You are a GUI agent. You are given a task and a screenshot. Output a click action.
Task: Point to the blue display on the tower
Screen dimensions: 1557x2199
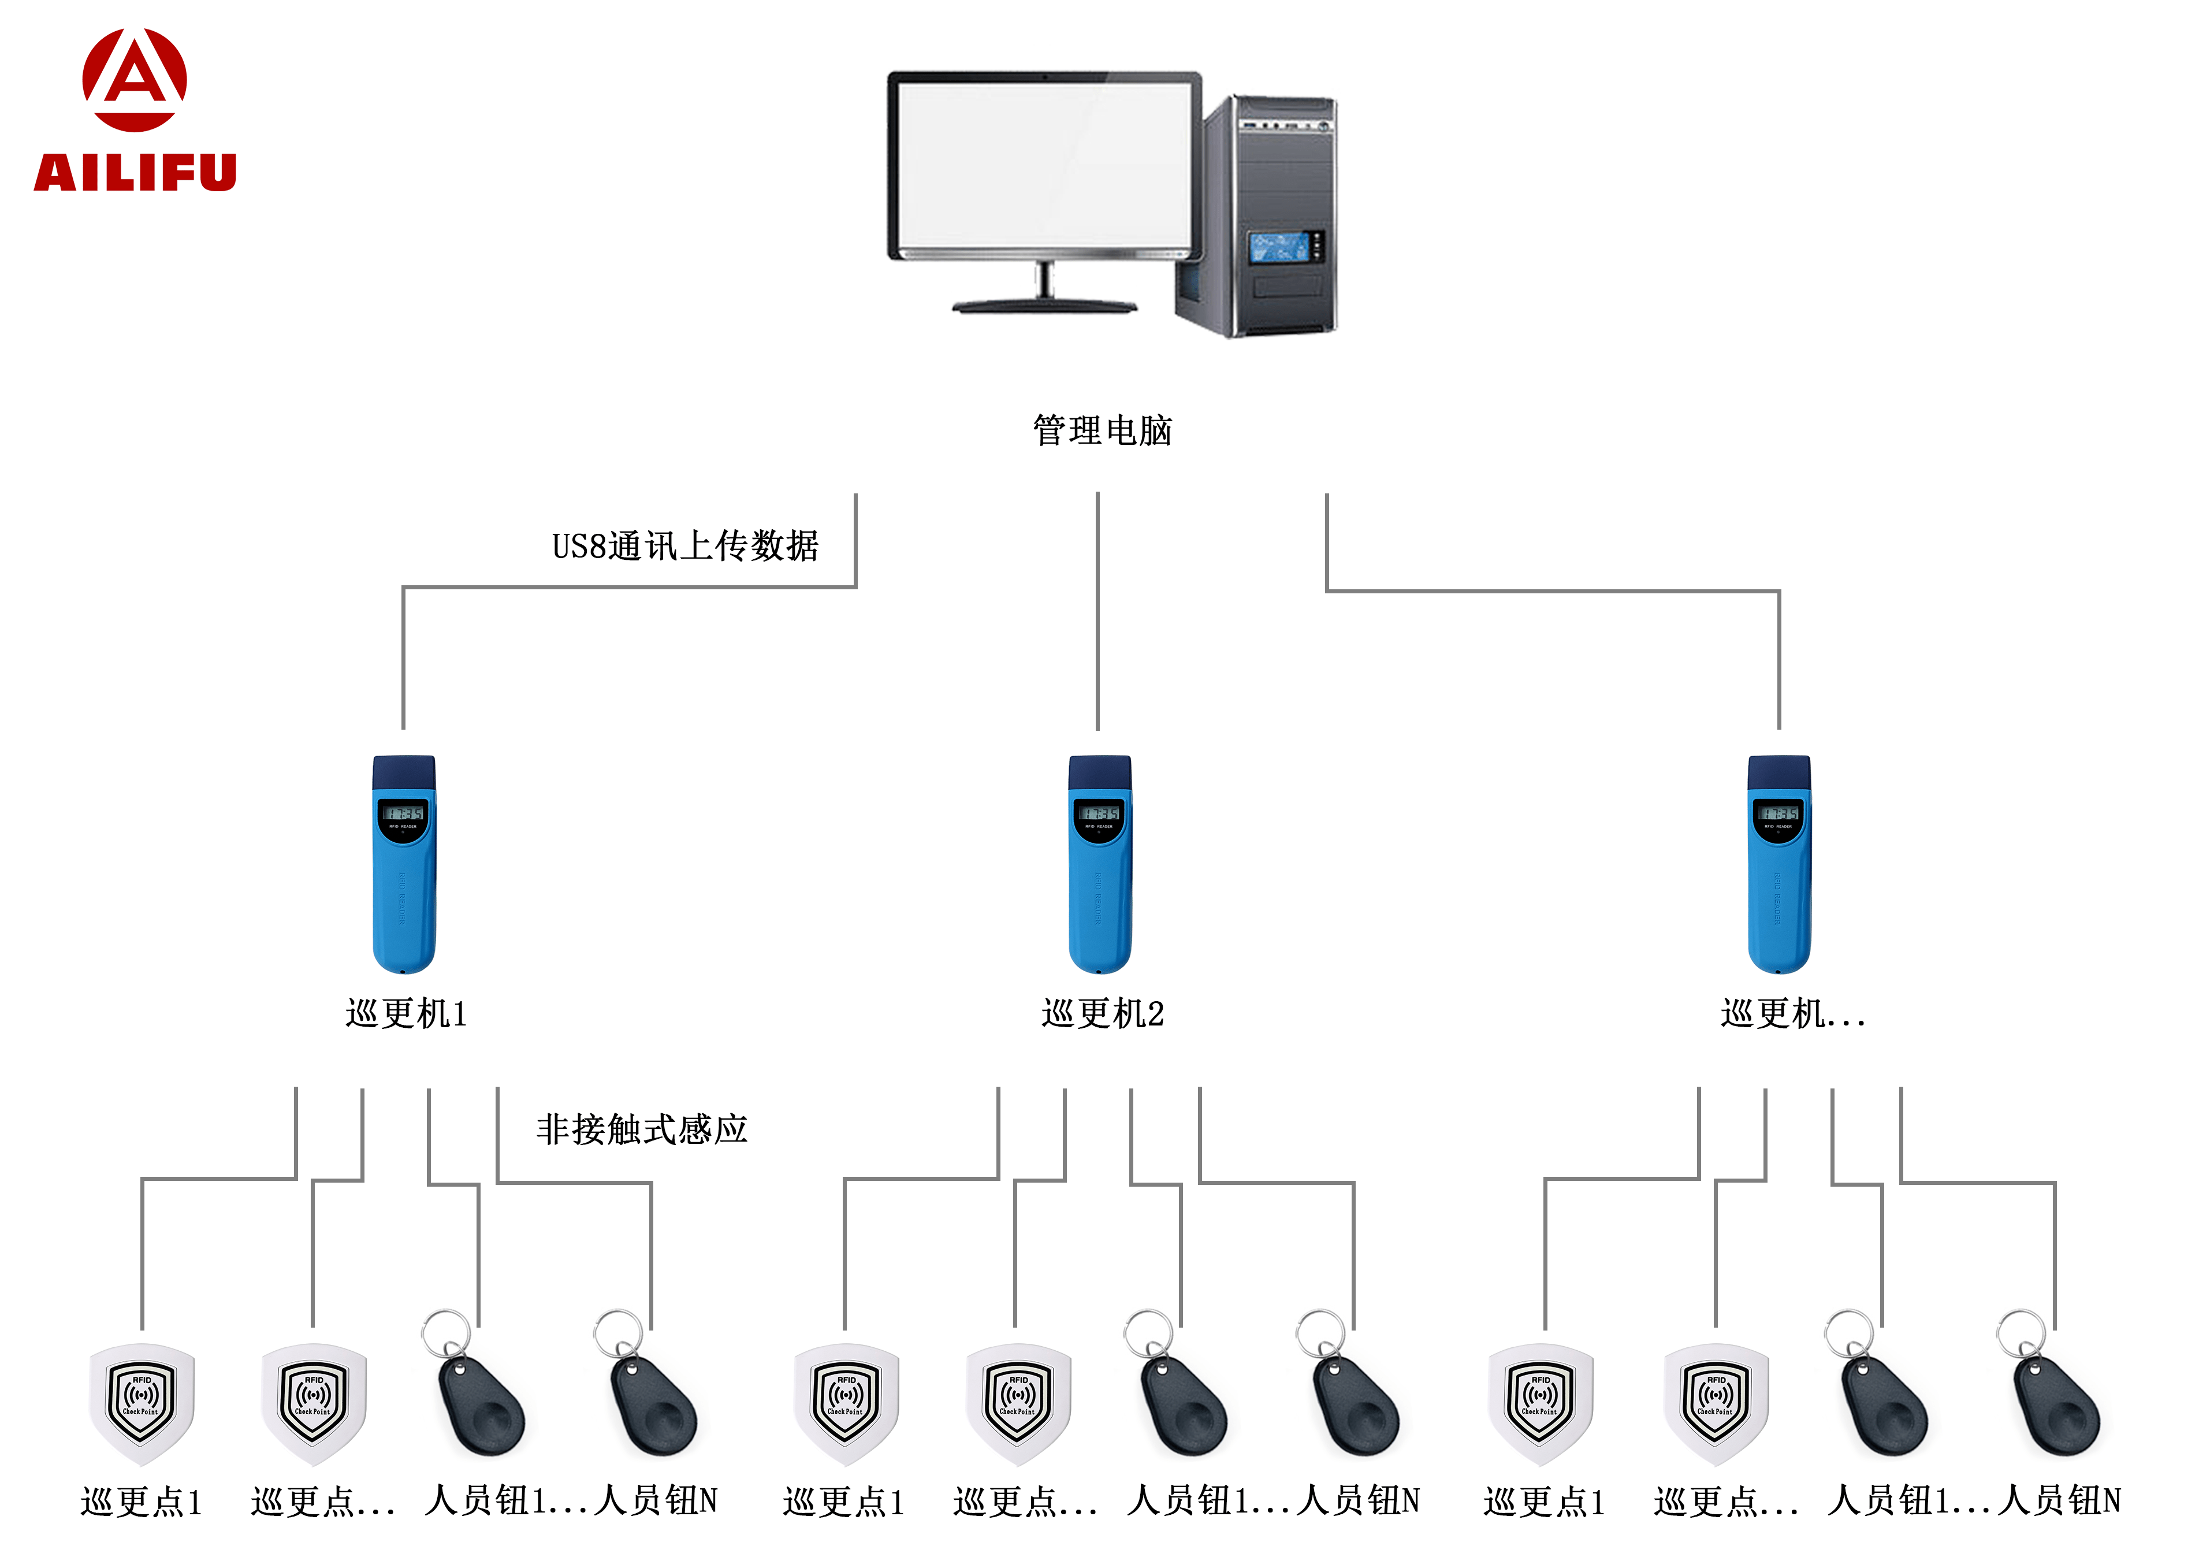pyautogui.click(x=1279, y=247)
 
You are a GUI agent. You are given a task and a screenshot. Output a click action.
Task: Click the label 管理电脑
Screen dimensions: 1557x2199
pyautogui.click(x=1102, y=430)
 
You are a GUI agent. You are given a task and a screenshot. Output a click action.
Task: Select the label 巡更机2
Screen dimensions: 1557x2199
pyautogui.click(x=1102, y=1013)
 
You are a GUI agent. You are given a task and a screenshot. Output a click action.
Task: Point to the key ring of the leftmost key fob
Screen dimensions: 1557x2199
pyautogui.click(x=446, y=1333)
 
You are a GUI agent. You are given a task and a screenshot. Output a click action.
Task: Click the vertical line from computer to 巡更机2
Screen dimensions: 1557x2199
pyautogui.click(x=1097, y=614)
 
